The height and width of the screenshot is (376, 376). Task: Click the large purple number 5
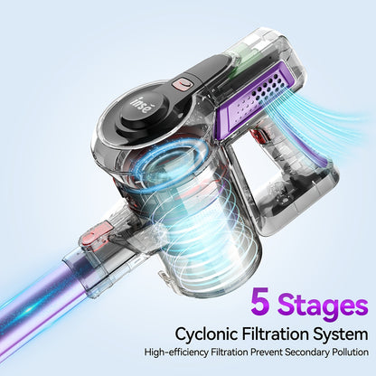point(260,301)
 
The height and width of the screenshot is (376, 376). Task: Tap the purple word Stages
point(323,305)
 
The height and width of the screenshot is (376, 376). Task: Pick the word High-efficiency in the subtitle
point(176,352)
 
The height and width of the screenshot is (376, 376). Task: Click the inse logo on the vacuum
point(140,106)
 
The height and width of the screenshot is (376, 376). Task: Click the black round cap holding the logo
point(142,112)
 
